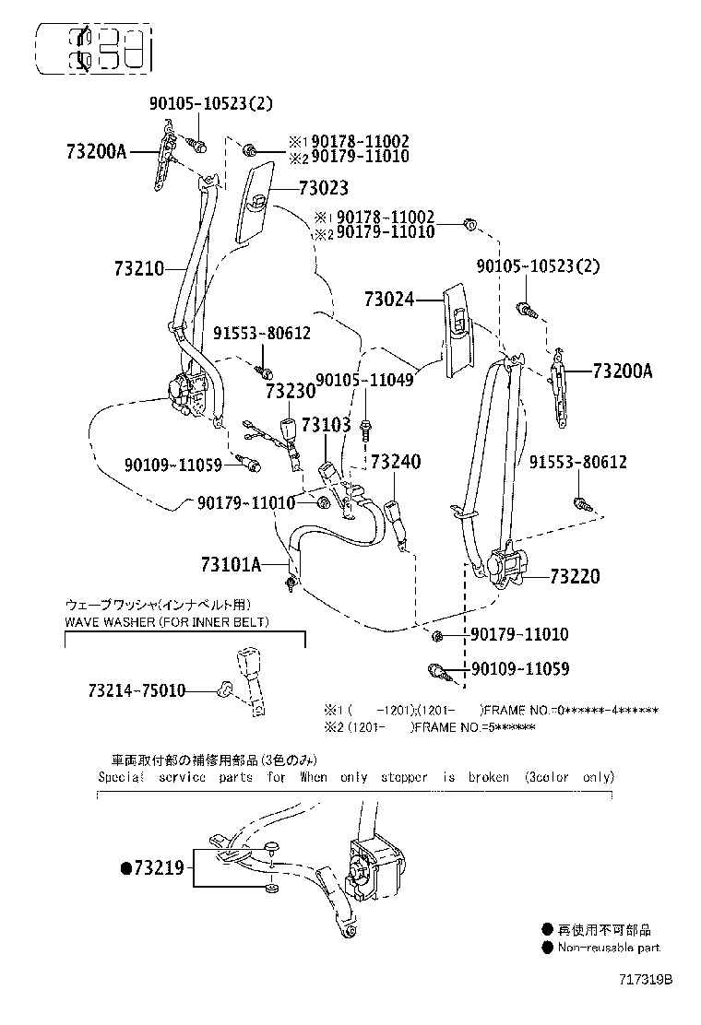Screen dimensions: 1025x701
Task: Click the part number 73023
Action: coord(323,188)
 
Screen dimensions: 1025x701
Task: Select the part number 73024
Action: coord(388,300)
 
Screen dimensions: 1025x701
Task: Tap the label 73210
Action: coord(139,269)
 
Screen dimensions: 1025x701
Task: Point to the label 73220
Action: coord(575,577)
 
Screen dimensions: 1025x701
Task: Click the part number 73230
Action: coord(291,391)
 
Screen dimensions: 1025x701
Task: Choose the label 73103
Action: coord(326,425)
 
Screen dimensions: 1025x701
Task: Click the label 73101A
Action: coord(231,563)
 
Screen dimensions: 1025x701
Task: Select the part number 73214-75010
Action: coord(137,689)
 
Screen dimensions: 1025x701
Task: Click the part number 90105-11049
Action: coord(365,380)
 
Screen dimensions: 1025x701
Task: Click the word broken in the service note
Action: coord(487,777)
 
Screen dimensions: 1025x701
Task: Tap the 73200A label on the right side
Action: coord(622,371)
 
